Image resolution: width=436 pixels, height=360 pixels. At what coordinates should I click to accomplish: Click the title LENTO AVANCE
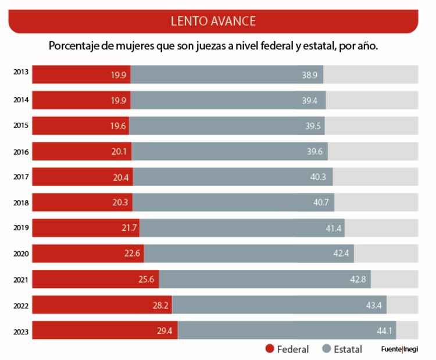(x=213, y=21)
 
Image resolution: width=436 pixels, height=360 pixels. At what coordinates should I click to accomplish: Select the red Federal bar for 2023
(x=105, y=330)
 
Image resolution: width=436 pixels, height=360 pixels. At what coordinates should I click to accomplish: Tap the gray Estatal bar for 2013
(x=227, y=74)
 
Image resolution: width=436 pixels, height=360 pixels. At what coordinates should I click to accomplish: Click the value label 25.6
(x=146, y=279)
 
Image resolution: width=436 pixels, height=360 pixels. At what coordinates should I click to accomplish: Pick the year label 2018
(x=21, y=202)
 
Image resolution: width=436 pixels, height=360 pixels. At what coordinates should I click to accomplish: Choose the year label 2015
(x=21, y=126)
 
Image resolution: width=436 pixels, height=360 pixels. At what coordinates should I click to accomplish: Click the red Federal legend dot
(x=269, y=349)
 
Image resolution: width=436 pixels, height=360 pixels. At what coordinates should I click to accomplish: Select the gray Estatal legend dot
(x=327, y=349)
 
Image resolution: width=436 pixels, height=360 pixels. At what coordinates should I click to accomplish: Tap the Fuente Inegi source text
(x=399, y=350)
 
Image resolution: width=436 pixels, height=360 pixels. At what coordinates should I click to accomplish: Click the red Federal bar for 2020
(x=87, y=254)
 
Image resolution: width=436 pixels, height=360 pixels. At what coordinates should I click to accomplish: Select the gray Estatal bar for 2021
(x=265, y=279)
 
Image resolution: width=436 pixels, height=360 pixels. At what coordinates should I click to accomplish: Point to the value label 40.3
(x=318, y=177)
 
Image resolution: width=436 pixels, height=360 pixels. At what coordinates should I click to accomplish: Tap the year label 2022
(x=21, y=305)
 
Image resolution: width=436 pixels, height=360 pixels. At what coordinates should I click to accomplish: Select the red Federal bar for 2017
(x=81, y=177)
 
